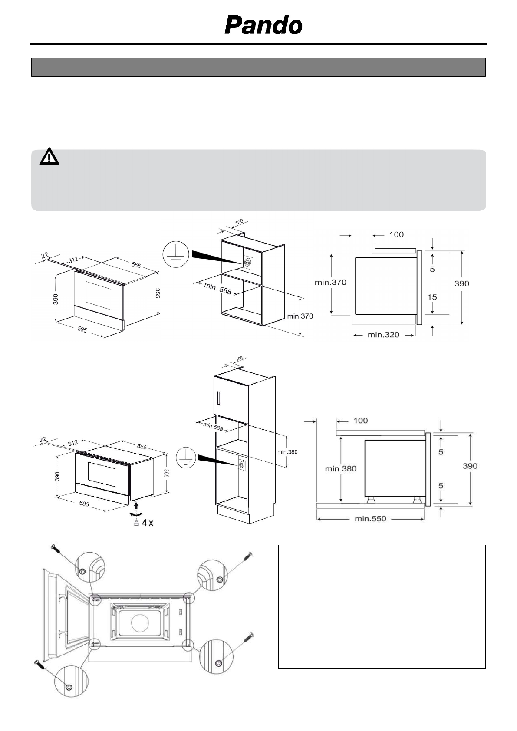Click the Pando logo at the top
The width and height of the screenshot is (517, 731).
pyautogui.click(x=263, y=25)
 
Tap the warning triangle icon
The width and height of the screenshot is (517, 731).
pyautogui.click(x=49, y=157)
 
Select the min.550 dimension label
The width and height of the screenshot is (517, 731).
pyautogui.click(x=370, y=518)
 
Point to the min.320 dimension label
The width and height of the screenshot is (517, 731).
pyautogui.click(x=383, y=335)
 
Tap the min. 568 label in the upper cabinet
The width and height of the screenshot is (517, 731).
pyautogui.click(x=218, y=288)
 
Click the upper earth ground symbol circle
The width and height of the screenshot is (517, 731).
pyautogui.click(x=176, y=254)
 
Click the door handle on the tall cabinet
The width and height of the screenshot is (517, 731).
pyautogui.click(x=220, y=398)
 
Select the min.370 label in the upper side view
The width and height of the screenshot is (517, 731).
pyautogui.click(x=330, y=282)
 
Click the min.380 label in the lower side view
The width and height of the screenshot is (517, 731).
pyautogui.click(x=341, y=468)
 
